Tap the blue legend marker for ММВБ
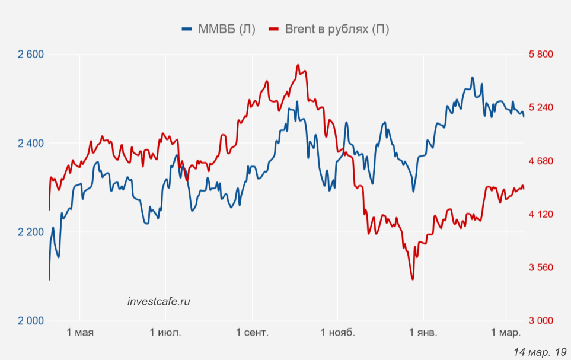[188, 29]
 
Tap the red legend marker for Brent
[275, 29]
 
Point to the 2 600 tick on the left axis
[31, 55]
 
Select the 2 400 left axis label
[31, 144]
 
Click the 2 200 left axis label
[31, 232]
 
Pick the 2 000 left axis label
[31, 321]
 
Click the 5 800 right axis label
[540, 55]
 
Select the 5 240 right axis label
[540, 108]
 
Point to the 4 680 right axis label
[540, 161]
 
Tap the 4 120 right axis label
[540, 214]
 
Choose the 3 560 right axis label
[540, 267]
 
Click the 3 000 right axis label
[540, 321]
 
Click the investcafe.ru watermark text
[159, 301]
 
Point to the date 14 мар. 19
[540, 352]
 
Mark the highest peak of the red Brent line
[298, 65]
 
